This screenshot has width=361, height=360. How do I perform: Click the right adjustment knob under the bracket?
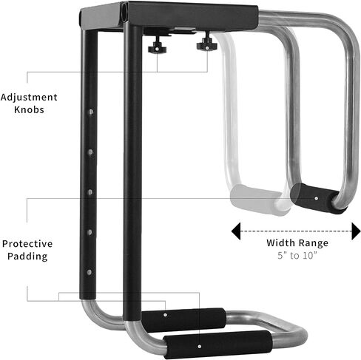click(x=206, y=44)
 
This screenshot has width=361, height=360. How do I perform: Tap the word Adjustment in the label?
click(x=29, y=98)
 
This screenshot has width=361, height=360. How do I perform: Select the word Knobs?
click(x=29, y=109)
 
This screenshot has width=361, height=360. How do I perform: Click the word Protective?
click(x=27, y=244)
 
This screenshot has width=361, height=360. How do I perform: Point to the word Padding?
click(x=27, y=257)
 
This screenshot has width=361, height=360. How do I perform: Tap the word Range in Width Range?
click(x=312, y=243)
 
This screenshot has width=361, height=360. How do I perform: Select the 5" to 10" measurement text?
click(x=297, y=255)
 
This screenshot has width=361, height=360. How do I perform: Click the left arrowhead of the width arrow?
click(x=236, y=231)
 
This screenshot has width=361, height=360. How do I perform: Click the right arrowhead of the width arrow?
click(x=356, y=231)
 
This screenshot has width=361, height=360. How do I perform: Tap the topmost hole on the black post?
click(x=91, y=112)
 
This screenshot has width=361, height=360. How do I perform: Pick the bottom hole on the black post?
click(x=90, y=272)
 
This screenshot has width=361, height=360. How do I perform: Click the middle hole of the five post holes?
click(x=90, y=192)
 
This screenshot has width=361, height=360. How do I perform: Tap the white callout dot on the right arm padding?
click(x=317, y=198)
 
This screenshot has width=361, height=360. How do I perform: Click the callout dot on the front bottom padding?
click(x=200, y=347)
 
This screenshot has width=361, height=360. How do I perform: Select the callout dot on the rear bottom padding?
click(x=165, y=315)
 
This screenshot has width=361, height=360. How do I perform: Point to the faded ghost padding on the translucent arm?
click(x=257, y=200)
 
